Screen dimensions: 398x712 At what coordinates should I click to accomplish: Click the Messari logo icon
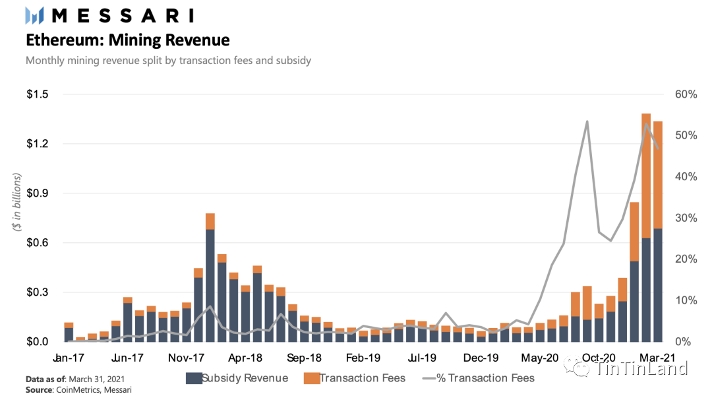tap(35, 15)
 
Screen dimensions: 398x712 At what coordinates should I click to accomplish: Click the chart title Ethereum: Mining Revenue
tap(127, 40)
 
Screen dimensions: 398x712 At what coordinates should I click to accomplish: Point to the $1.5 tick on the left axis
tap(38, 94)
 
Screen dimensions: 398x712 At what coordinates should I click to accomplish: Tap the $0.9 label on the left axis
tap(38, 193)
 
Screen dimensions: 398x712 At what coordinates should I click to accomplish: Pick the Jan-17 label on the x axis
tap(69, 358)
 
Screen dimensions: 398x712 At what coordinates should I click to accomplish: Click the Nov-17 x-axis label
tap(187, 358)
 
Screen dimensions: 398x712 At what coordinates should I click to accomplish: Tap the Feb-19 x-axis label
tap(363, 358)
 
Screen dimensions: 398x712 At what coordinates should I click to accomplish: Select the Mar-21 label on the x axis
tap(658, 358)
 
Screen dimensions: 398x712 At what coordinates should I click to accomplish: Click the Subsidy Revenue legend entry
tap(237, 378)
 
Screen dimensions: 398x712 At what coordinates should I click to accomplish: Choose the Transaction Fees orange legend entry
tap(354, 378)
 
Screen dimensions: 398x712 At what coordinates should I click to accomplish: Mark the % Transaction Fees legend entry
tap(478, 378)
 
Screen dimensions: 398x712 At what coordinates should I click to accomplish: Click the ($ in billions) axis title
tap(18, 202)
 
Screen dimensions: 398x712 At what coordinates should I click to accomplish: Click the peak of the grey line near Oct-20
tap(587, 122)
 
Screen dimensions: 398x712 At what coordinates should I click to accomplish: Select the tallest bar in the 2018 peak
tap(210, 277)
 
